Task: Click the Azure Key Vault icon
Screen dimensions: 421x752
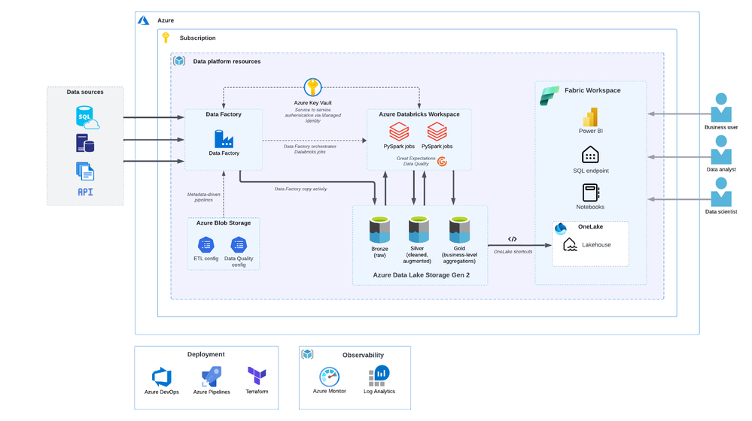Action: click(x=312, y=87)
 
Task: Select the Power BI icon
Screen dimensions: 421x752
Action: click(x=590, y=117)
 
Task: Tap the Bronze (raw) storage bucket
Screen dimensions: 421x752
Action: click(x=379, y=229)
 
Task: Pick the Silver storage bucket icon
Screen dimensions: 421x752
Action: click(x=419, y=229)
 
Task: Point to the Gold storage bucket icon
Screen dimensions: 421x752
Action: click(x=459, y=229)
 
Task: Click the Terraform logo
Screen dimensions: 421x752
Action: click(x=257, y=375)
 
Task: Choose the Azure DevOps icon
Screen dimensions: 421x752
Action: click(x=162, y=377)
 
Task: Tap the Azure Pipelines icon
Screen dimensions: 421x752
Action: click(x=211, y=377)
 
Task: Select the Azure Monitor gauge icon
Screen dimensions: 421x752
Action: click(x=329, y=376)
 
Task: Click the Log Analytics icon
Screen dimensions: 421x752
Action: click(x=379, y=375)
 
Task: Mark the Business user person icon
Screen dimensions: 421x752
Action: click(x=721, y=108)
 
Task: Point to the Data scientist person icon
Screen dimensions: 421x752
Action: click(x=721, y=193)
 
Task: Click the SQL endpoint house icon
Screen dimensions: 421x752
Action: click(x=590, y=155)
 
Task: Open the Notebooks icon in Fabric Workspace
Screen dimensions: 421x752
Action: click(x=590, y=192)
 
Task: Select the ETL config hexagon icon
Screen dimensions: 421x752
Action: click(x=206, y=244)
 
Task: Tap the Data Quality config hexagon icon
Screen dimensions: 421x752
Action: click(x=239, y=244)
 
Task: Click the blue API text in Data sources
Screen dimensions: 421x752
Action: click(x=85, y=192)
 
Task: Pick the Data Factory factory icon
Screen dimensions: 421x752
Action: click(x=224, y=139)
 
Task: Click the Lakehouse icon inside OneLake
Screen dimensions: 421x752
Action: click(x=570, y=244)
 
